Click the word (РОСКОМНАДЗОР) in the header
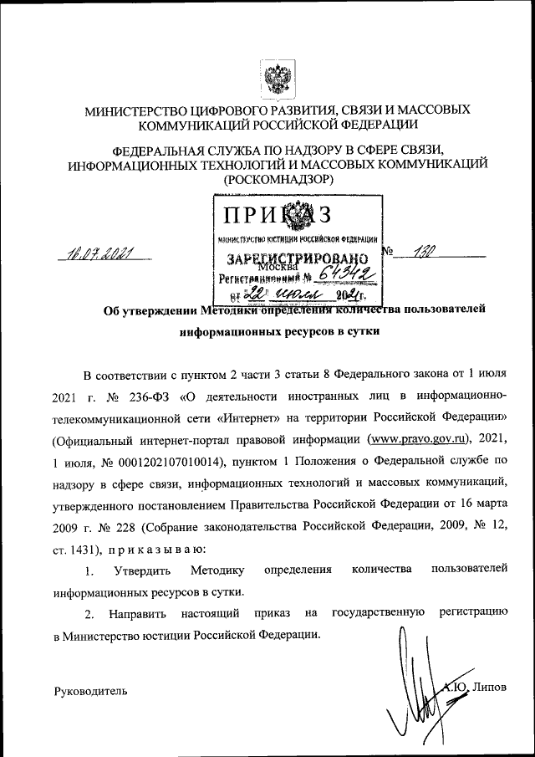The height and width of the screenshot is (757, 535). (x=278, y=179)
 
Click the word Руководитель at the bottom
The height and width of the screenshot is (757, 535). (x=91, y=691)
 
